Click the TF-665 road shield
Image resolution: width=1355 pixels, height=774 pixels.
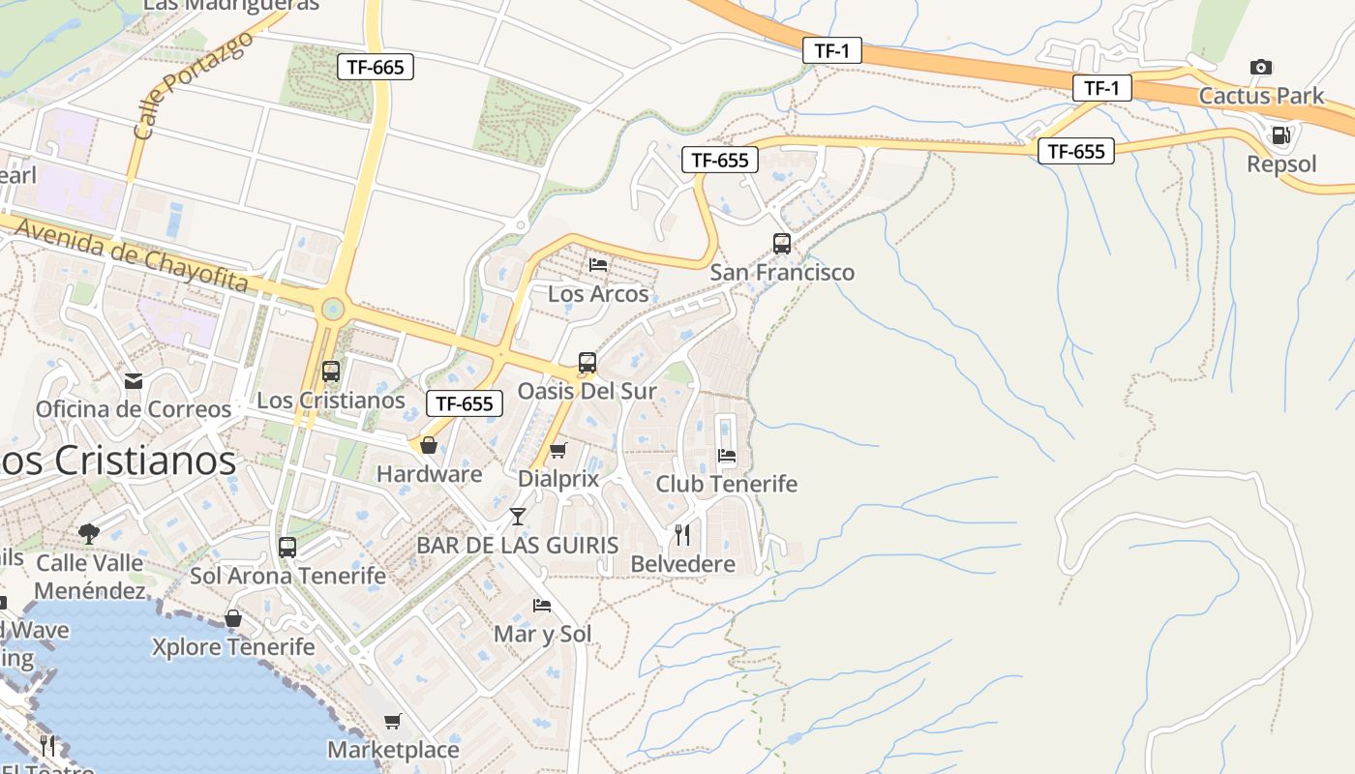(x=376, y=67)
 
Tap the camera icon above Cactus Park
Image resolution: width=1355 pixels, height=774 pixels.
(x=1260, y=67)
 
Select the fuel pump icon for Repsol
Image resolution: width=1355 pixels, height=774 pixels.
(x=1280, y=135)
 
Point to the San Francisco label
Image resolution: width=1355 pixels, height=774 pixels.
(x=782, y=272)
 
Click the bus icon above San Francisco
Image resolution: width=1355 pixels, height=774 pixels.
(x=782, y=244)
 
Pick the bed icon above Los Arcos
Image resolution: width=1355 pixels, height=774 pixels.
(x=598, y=264)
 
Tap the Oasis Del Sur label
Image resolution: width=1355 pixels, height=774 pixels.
(x=587, y=391)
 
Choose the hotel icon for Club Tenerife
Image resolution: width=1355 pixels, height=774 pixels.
(x=727, y=456)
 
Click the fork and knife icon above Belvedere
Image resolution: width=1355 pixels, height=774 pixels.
(x=682, y=535)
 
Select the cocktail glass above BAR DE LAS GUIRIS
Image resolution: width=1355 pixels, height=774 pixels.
(x=518, y=517)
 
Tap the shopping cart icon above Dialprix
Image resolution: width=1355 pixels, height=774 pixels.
(x=557, y=450)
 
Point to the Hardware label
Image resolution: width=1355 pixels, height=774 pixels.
(x=429, y=474)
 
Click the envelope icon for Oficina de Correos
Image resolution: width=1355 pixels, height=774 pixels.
(x=134, y=381)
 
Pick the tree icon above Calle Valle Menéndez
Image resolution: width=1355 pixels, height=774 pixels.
(x=89, y=532)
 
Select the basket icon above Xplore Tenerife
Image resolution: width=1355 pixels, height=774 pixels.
(x=233, y=618)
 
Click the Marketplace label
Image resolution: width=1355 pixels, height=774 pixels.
(x=393, y=750)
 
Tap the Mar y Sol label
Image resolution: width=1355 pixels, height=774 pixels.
(x=542, y=634)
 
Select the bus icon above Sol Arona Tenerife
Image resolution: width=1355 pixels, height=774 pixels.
(x=287, y=548)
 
